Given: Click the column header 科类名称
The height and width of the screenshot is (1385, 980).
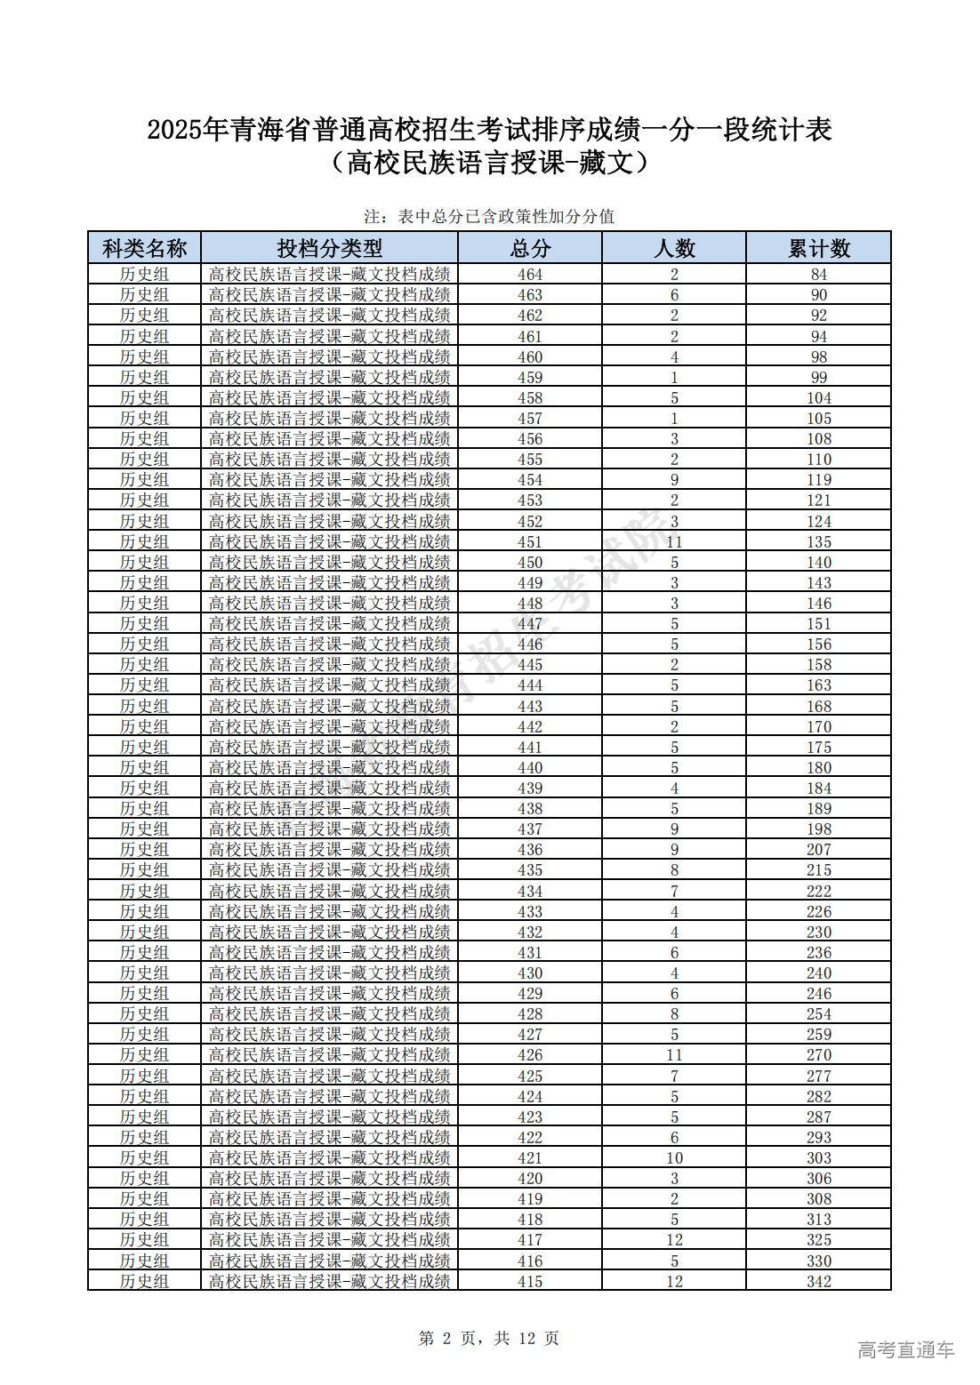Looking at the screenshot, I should (144, 247).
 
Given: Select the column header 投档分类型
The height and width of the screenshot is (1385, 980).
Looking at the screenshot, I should (329, 247).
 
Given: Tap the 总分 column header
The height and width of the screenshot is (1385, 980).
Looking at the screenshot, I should (530, 247).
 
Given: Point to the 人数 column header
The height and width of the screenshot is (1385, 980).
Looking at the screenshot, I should (674, 247).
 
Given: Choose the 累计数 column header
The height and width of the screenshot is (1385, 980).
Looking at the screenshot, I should (818, 247).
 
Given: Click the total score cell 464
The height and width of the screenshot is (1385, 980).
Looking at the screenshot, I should (530, 275).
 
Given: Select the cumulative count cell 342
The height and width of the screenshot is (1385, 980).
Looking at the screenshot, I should (818, 1281).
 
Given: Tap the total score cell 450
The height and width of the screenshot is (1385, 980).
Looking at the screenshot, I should (530, 562).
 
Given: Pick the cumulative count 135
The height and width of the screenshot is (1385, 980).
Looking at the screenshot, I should (818, 541).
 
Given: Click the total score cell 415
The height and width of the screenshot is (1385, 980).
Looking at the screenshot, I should (530, 1281).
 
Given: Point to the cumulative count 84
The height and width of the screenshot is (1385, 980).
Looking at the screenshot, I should (818, 275).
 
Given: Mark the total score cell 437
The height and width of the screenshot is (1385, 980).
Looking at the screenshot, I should (530, 829).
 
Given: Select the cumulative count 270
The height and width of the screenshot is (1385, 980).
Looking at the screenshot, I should (818, 1054).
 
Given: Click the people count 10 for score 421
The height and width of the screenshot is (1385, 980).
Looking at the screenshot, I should (674, 1157).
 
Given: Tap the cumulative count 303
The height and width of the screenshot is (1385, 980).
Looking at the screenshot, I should (818, 1157).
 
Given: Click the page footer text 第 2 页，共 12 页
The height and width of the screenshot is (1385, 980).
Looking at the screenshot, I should (489, 1338).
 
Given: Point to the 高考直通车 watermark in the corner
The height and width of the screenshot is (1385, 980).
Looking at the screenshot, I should (905, 1349).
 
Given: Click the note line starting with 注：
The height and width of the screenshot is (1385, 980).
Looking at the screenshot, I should (489, 216).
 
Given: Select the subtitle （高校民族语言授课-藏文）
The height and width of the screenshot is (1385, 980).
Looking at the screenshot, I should (489, 164).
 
